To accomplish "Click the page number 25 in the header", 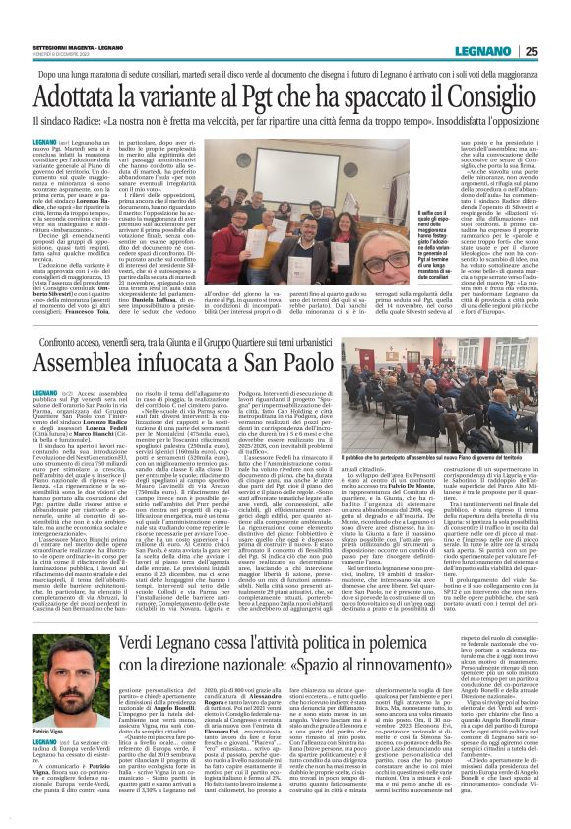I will click(556, 50).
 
